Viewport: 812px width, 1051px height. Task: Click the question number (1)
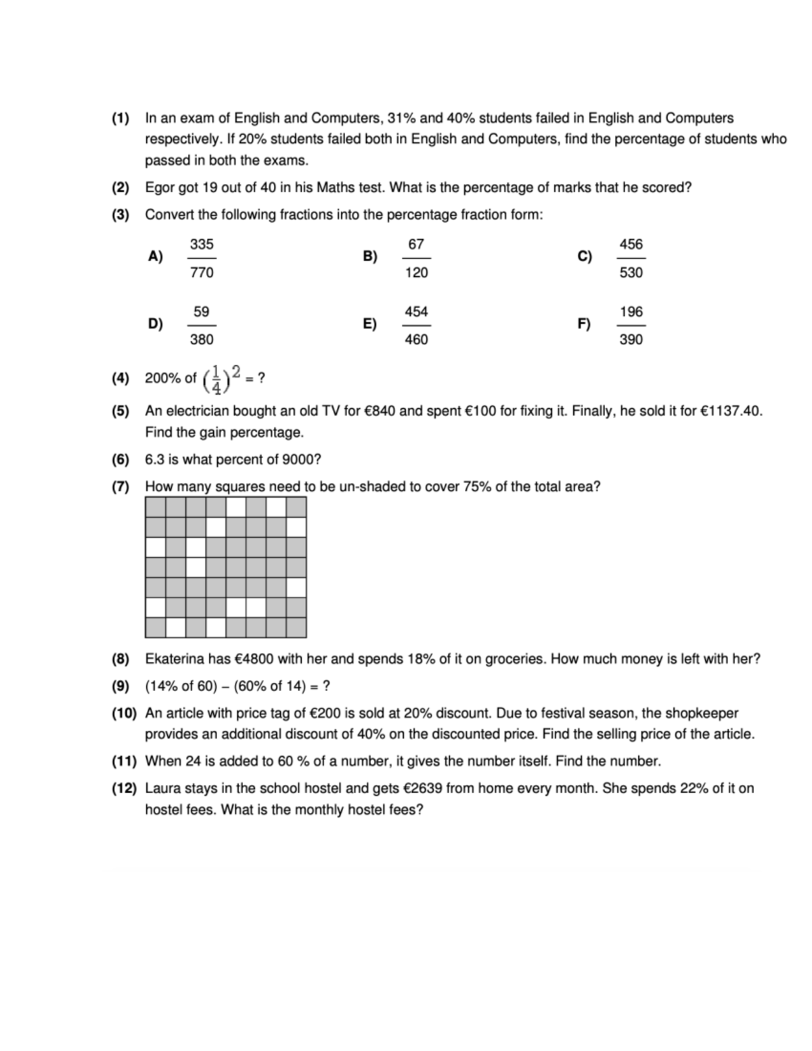120,118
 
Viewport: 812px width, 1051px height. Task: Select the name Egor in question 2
160,187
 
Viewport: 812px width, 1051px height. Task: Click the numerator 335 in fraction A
202,244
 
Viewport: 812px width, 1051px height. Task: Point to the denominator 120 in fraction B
416,273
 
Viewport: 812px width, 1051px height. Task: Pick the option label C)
585,256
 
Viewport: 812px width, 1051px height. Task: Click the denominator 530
631,273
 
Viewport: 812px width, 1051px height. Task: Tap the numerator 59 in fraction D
202,312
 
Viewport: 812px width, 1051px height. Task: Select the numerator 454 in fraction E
416,312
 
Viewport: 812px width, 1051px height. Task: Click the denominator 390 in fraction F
631,340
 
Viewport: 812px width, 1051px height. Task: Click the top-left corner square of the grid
156,507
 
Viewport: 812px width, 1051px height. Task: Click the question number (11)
124,761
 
